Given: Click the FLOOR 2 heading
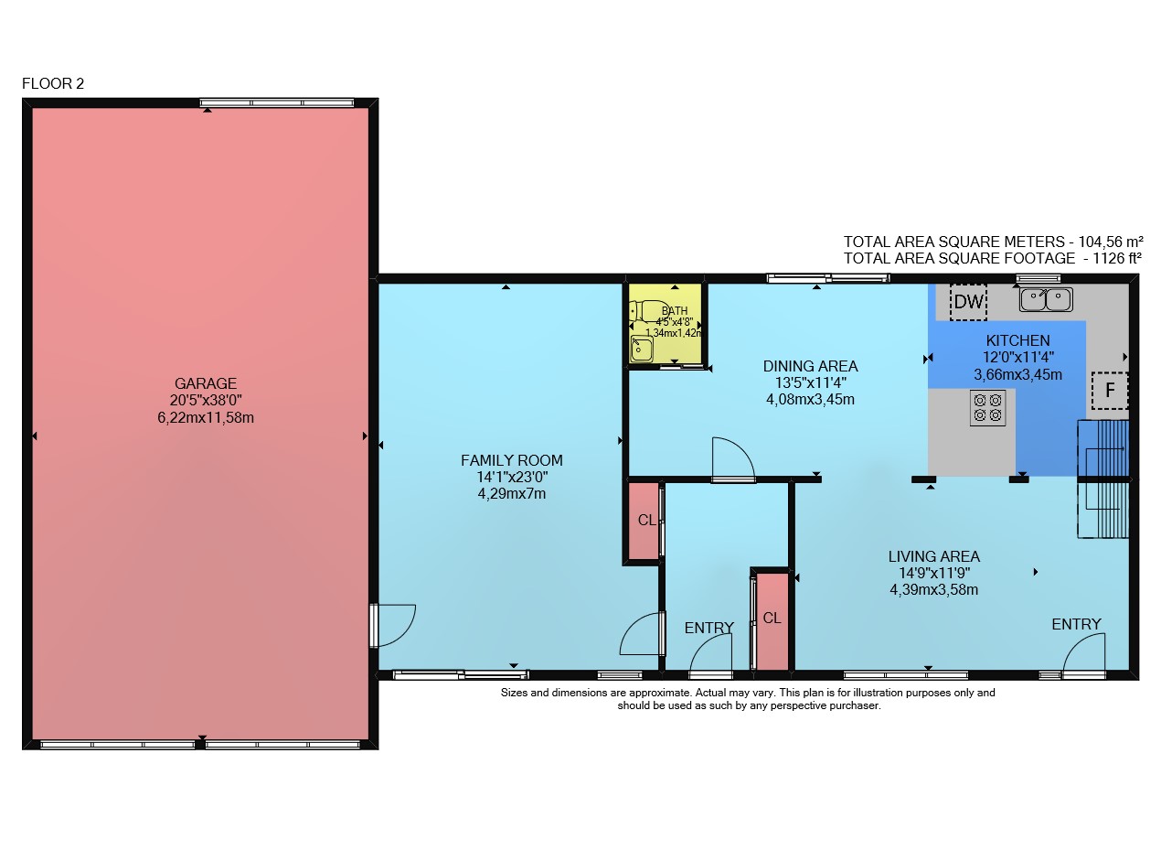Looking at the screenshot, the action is tap(53, 84).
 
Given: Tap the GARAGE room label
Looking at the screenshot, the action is tap(206, 383).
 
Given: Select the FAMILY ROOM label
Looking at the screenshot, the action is tap(511, 460).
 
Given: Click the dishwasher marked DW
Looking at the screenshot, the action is tap(968, 302).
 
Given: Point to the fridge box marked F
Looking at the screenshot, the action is tap(1109, 391).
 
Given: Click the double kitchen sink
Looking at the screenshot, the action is tap(1046, 300).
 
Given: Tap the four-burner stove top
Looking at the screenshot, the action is tap(987, 408).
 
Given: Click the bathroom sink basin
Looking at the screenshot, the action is tap(641, 349).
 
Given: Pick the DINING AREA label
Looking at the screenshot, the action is tap(810, 366).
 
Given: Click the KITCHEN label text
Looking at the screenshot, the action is tap(1017, 340).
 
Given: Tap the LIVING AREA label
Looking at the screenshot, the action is tap(933, 556).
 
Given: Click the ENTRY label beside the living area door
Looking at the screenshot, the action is tap(1076, 624).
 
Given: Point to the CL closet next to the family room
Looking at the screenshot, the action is tap(646, 521).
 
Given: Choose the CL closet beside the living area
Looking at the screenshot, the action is tap(772, 619).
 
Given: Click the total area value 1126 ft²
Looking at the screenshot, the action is tap(1116, 258).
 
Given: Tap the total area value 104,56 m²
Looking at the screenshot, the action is tap(1111, 242).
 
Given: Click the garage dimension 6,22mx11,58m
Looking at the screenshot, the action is tap(206, 418).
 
